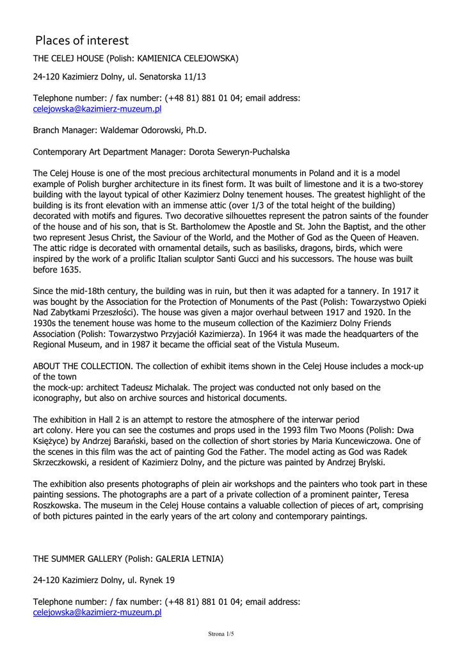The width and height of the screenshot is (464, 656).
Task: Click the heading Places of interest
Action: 82,41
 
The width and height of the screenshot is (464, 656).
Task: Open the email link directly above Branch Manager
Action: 97,109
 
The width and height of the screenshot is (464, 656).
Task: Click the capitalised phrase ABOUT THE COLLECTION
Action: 83,366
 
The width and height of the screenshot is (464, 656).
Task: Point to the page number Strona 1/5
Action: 221,634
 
